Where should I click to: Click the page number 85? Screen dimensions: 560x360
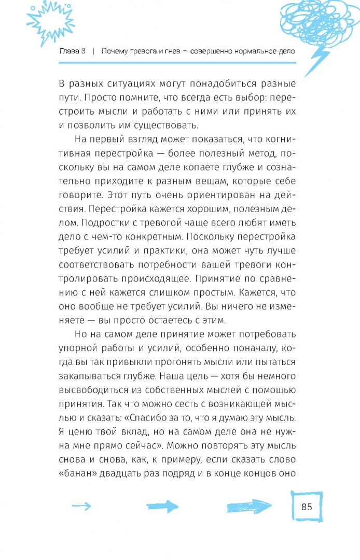306,507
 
